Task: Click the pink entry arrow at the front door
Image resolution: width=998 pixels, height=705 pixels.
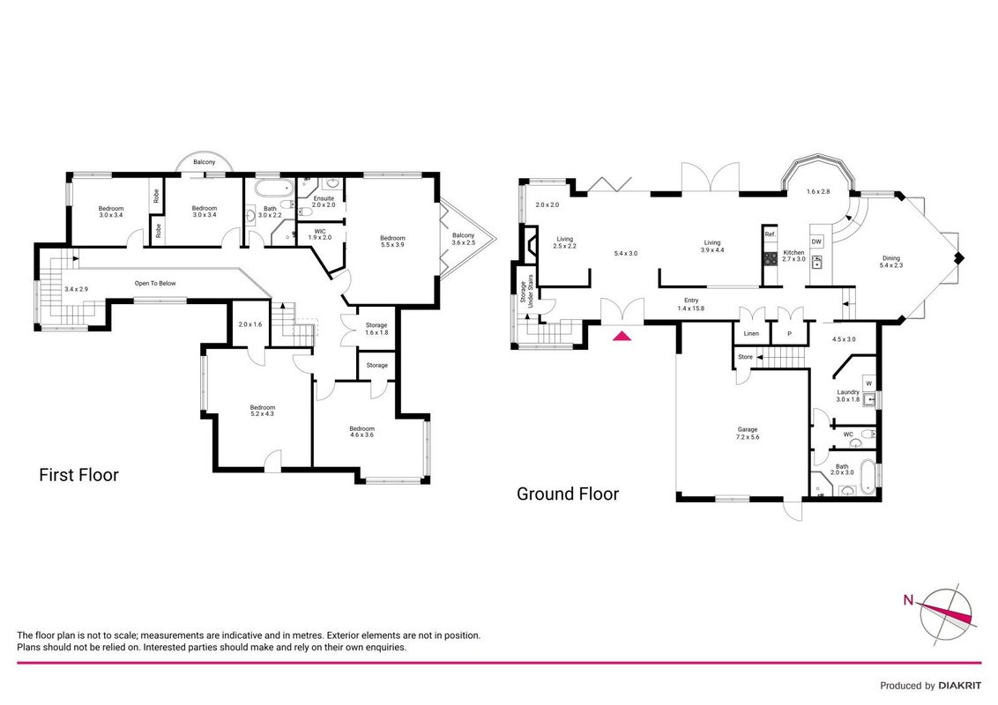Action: (x=622, y=336)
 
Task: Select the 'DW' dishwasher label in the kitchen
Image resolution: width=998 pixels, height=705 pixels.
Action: (x=816, y=241)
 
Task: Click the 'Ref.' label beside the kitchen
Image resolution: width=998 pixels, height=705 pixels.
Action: (x=771, y=234)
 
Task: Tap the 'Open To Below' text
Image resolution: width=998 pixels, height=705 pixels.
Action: (x=154, y=283)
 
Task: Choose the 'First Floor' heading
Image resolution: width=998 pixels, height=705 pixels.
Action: (x=79, y=475)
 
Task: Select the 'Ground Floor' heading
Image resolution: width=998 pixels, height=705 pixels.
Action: (x=568, y=493)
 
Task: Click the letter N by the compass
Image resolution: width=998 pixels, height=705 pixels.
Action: (x=909, y=600)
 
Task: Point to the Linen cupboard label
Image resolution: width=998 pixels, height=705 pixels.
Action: (x=751, y=333)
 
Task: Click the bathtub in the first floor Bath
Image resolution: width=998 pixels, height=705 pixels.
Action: (x=273, y=189)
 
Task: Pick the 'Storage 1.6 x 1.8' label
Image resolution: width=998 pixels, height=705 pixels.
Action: (x=376, y=329)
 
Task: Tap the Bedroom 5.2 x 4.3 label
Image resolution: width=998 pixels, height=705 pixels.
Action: (x=262, y=411)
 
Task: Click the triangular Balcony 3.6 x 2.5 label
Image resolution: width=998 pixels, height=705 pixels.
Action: (x=464, y=239)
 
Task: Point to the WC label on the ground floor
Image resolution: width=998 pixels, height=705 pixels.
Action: (x=848, y=434)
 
